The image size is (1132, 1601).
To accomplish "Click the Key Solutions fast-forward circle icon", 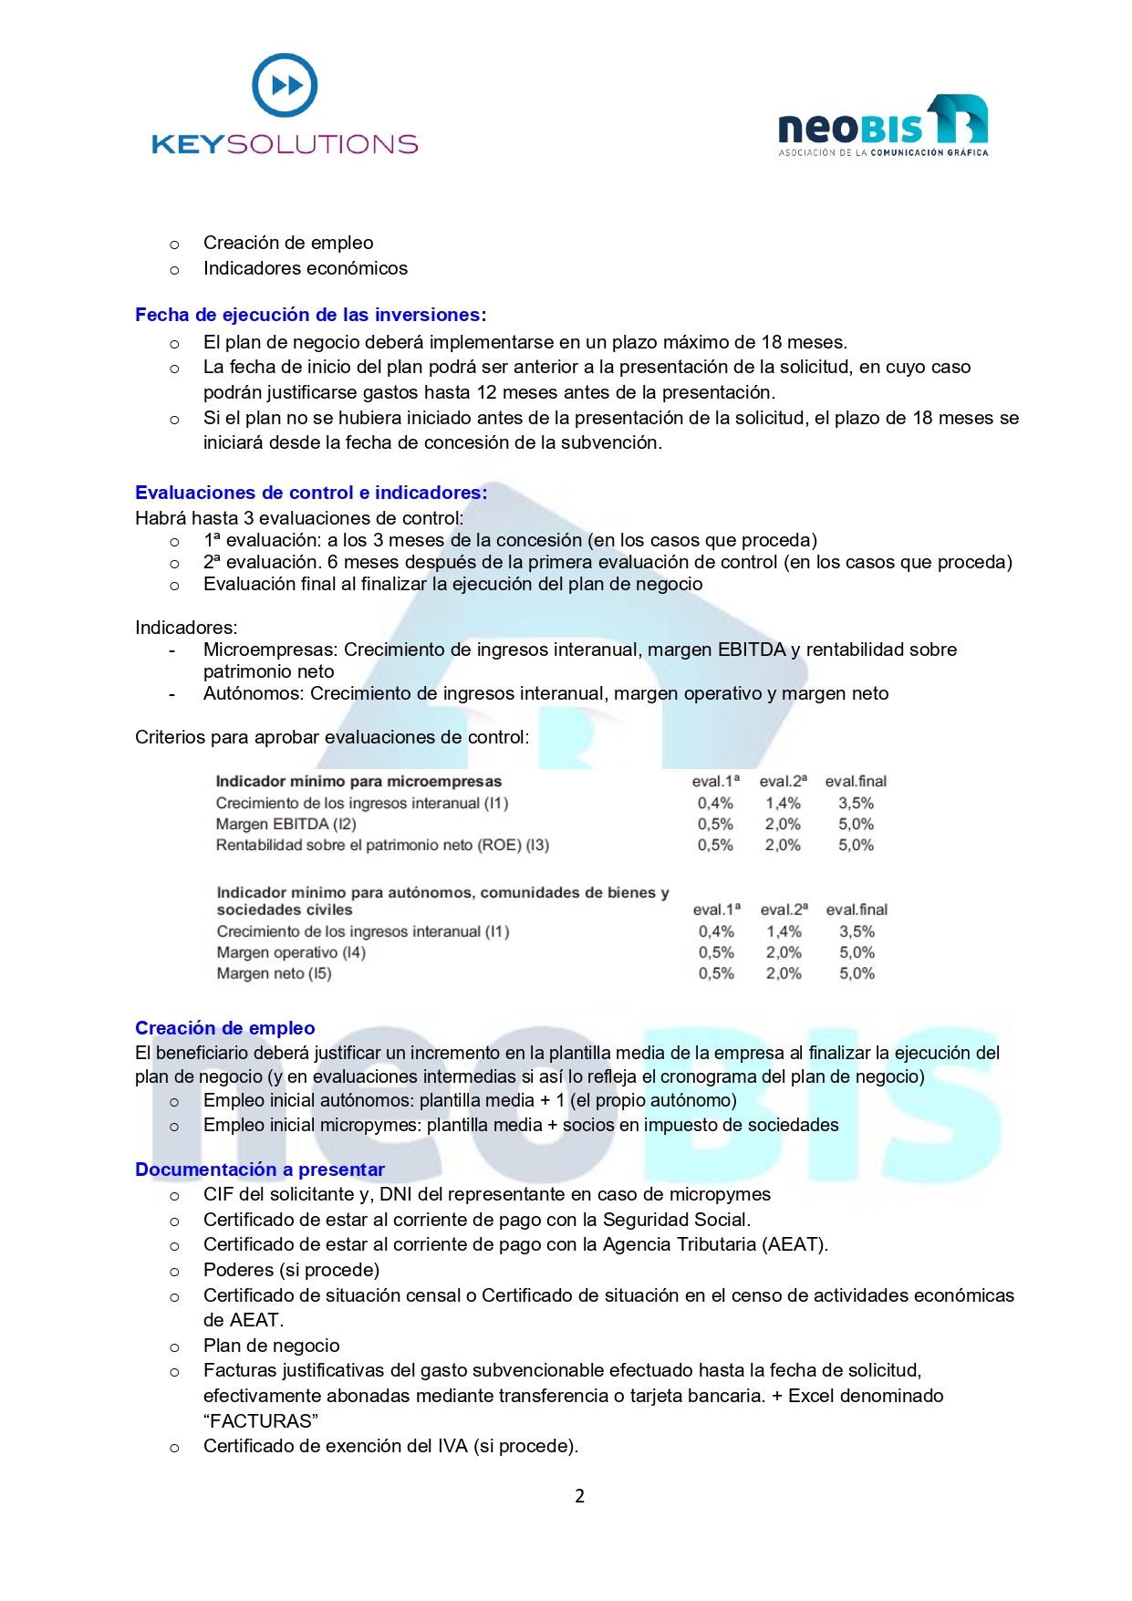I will pos(285,86).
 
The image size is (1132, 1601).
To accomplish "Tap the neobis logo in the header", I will pos(882,126).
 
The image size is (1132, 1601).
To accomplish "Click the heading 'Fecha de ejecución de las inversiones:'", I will pos(310,315).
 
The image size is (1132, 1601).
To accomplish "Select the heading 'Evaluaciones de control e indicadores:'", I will pos(311,493).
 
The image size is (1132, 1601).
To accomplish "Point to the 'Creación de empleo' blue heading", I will pos(224,1028).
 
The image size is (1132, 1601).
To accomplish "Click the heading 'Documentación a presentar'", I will pos(259,1170).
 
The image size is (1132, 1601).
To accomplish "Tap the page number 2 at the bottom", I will pos(579,1496).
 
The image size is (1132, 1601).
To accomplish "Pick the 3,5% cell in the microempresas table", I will pos(856,803).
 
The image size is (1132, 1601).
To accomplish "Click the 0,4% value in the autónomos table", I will pos(716,931).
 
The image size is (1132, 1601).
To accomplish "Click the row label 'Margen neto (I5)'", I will pos(274,973).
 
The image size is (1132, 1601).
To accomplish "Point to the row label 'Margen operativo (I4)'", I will pos(290,952).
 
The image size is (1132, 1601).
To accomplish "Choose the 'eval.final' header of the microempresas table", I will pos(856,781).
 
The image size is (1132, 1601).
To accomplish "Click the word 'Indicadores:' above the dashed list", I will pos(186,628).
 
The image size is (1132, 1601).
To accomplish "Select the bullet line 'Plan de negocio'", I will pos(271,1346).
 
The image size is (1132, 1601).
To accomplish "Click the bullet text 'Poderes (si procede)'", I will pos(291,1270).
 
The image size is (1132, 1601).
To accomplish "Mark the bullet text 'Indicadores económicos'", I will pos(305,268).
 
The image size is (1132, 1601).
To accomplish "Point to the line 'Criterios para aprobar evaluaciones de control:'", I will pos(332,737).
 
